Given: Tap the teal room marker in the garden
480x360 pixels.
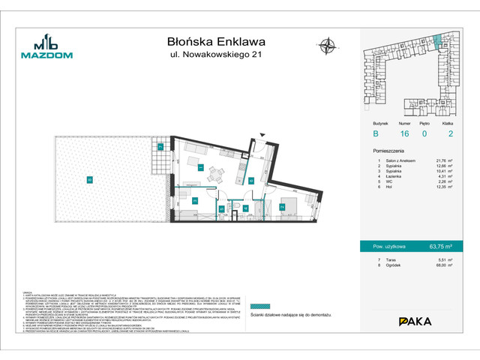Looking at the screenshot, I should tap(89, 179).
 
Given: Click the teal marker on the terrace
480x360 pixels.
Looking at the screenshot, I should tap(160, 147).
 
